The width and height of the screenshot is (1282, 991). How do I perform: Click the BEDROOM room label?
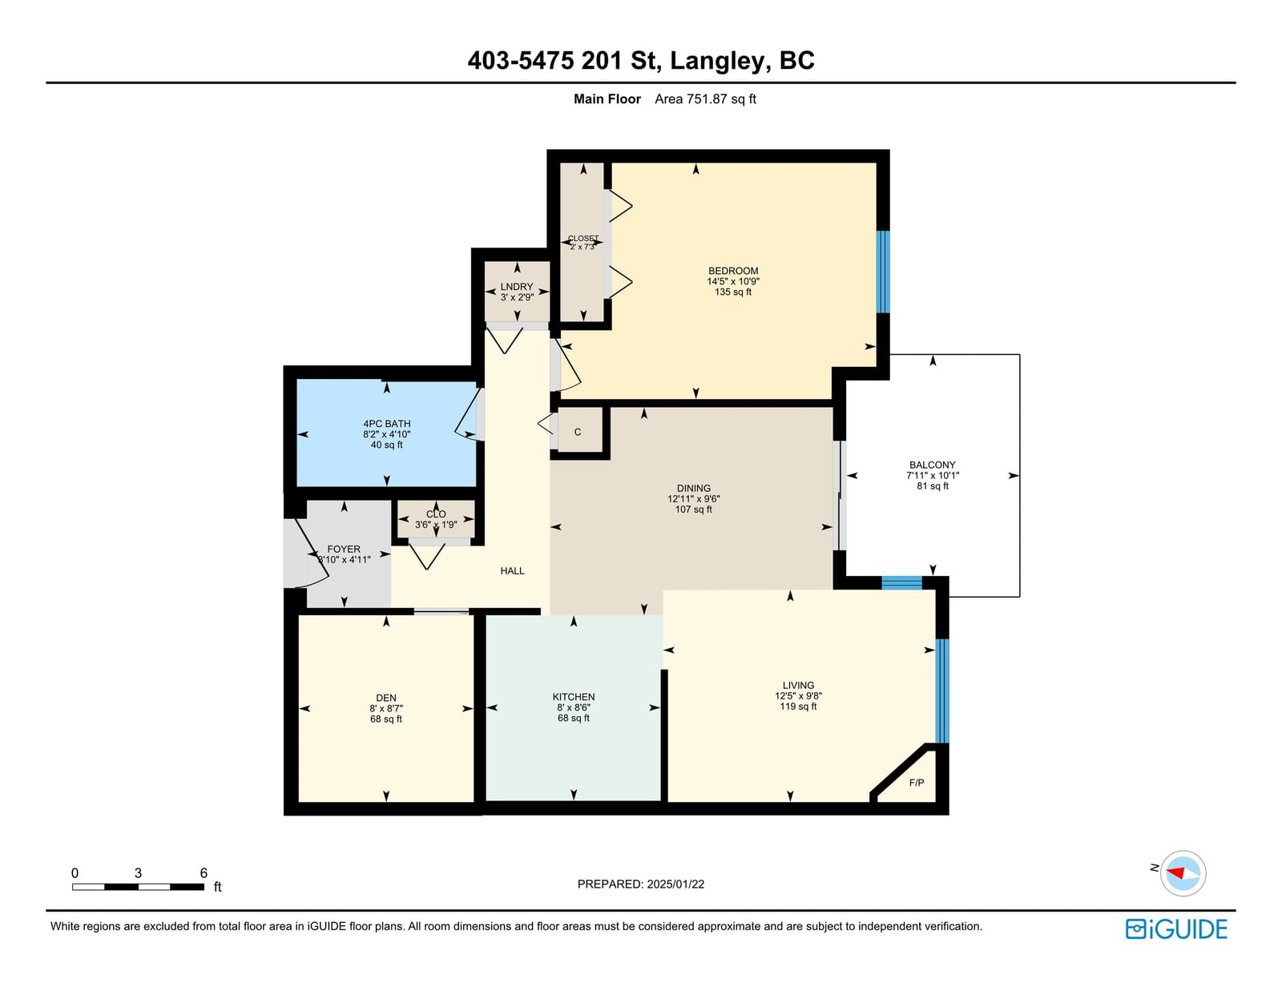pyautogui.click(x=732, y=271)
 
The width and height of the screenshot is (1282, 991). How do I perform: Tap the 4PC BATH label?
pyautogui.click(x=386, y=424)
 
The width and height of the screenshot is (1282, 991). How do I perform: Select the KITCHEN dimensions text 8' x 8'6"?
pyautogui.click(x=574, y=707)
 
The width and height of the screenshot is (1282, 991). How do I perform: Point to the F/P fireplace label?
pyautogui.click(x=916, y=783)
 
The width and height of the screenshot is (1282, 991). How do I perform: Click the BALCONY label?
pyautogui.click(x=932, y=465)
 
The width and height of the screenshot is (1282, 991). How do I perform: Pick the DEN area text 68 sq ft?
pyautogui.click(x=386, y=719)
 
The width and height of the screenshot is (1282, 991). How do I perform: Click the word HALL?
pyautogui.click(x=512, y=570)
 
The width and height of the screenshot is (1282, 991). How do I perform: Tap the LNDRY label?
pyautogui.click(x=517, y=287)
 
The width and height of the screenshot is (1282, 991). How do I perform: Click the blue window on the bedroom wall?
pyautogui.click(x=883, y=272)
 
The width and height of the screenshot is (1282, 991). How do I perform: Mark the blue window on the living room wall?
pyautogui.click(x=942, y=691)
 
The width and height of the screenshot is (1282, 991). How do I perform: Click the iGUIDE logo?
pyautogui.click(x=1176, y=929)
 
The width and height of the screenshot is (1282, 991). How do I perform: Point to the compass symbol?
pyautogui.click(x=1183, y=873)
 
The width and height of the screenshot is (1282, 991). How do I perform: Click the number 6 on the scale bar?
pyautogui.click(x=204, y=873)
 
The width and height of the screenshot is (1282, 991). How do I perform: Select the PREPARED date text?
pyautogui.click(x=641, y=884)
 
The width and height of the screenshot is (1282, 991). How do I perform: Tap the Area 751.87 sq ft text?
pyautogui.click(x=705, y=99)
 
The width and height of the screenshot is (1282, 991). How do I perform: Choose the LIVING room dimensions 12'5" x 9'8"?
pyautogui.click(x=798, y=695)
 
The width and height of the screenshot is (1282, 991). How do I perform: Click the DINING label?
pyautogui.click(x=693, y=489)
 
